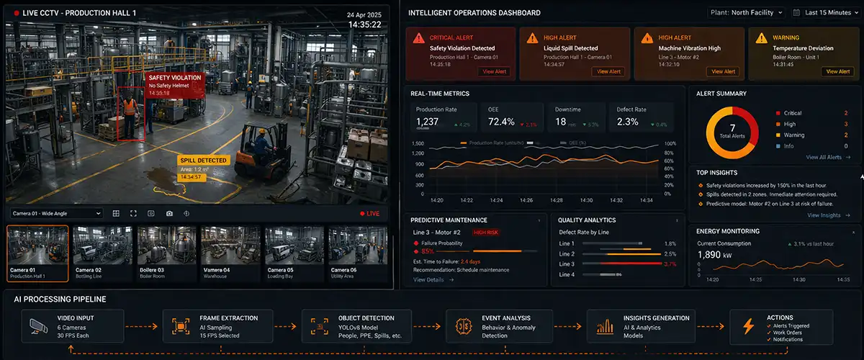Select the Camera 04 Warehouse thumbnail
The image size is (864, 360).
pyautogui.click(x=230, y=253)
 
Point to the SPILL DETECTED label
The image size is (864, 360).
pyautogui.click(x=203, y=161)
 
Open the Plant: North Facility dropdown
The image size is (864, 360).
pyautogui.click(x=745, y=12)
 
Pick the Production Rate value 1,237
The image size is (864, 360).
pyautogui.click(x=428, y=122)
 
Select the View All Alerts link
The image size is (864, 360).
pyautogui.click(x=827, y=157)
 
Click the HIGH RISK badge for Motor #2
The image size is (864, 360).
pyautogui.click(x=487, y=233)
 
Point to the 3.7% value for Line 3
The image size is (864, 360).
pyautogui.click(x=670, y=264)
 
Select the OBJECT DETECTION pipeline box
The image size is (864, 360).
pyautogui.click(x=356, y=326)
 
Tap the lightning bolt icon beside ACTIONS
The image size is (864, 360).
pyautogui.click(x=748, y=326)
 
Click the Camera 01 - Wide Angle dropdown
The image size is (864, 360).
pyautogui.click(x=57, y=213)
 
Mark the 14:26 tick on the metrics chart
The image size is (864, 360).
pyautogui.click(x=526, y=199)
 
